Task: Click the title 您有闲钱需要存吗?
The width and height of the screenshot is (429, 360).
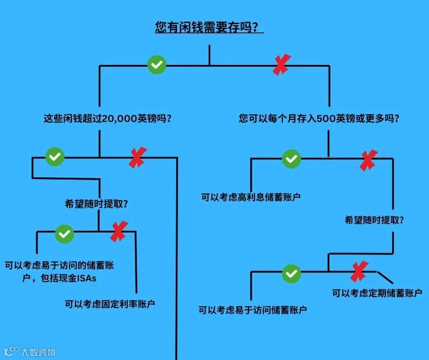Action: coord(209,27)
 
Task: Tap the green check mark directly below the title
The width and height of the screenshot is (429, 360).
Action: coord(157,65)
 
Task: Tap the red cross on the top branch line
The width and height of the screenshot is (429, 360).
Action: coord(282,64)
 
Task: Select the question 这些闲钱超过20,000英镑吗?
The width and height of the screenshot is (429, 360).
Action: coord(107,118)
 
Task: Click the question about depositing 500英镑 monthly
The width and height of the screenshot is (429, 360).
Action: coord(319,118)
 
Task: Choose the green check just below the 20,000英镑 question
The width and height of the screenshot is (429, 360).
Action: coord(55,157)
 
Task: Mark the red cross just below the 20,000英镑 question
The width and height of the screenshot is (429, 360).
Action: coord(137,158)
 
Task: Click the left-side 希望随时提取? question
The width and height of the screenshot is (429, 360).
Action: coord(96,204)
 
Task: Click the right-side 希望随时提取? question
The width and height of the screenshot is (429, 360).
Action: coord(374,220)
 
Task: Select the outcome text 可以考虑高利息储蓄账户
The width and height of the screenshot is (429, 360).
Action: coord(251,197)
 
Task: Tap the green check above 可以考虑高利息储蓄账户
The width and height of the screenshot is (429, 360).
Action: coord(291,159)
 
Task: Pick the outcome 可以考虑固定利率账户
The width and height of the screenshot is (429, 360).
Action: coord(110,304)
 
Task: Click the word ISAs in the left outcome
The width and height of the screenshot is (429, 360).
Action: coord(87,278)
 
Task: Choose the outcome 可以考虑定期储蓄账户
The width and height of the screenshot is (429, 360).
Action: coord(377,293)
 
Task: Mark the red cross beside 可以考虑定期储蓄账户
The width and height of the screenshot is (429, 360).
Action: coord(359,272)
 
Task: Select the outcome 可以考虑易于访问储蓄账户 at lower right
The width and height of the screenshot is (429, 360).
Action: coord(252,310)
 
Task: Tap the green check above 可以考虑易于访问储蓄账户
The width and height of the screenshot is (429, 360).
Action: coord(291,273)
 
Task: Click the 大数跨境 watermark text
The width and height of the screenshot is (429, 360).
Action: coord(38,352)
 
